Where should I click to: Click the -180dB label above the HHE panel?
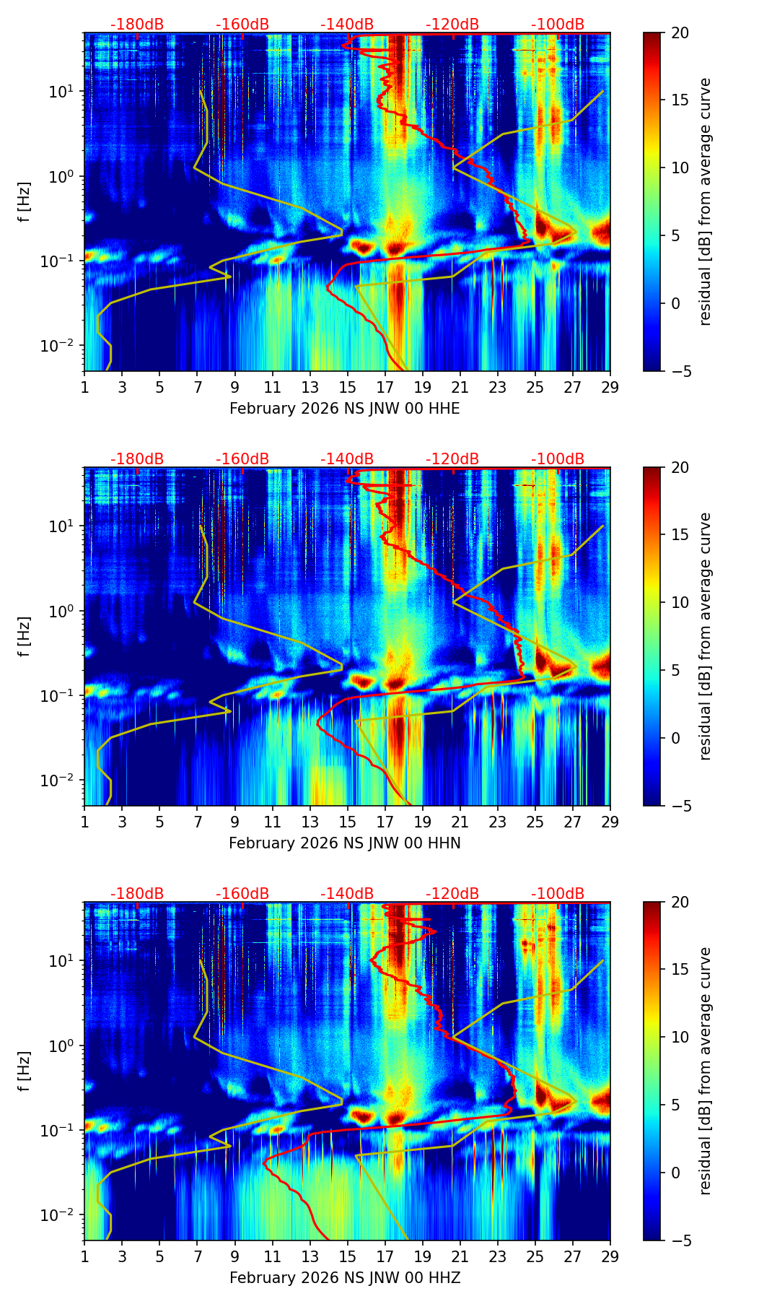tap(137, 25)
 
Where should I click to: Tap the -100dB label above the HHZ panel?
tap(558, 894)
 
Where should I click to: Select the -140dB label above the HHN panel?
tap(347, 459)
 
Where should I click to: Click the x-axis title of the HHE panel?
tap(344, 409)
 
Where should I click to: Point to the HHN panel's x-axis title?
tap(344, 843)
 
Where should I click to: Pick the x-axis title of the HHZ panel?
tap(344, 1278)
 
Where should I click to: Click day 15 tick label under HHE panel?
tap(348, 387)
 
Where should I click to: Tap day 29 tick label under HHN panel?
tap(610, 822)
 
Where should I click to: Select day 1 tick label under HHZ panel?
tap(84, 1256)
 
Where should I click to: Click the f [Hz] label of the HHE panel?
tap(25, 201)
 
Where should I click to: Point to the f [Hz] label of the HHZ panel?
tap(25, 1071)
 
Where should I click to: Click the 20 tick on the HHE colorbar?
tap(680, 33)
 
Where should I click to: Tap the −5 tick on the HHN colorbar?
tap(680, 806)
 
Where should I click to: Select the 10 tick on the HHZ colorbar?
tap(680, 1037)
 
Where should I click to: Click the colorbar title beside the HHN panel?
tap(706, 636)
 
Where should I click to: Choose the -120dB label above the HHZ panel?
tap(452, 894)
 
